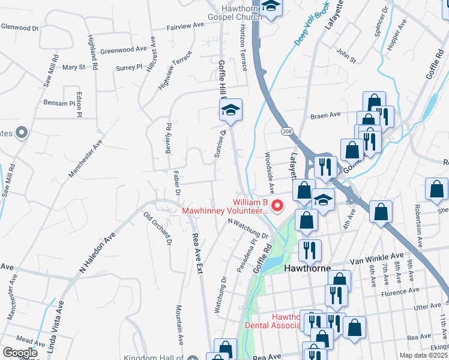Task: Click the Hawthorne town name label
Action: pyautogui.click(x=307, y=269)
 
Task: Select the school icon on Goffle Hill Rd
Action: pyautogui.click(x=230, y=110)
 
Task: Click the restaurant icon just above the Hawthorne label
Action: pyautogui.click(x=310, y=249)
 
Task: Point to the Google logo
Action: pyautogui.click(x=20, y=353)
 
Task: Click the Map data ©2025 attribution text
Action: pyautogui.click(x=424, y=355)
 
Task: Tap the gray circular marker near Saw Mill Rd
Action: pyautogui.click(x=22, y=133)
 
